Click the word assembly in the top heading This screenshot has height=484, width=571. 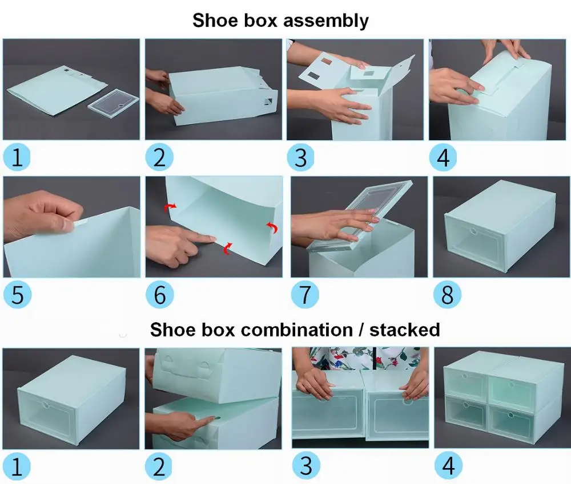pyautogui.click(x=325, y=21)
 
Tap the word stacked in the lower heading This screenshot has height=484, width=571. pyautogui.click(x=405, y=330)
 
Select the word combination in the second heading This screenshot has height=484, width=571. pyautogui.click(x=297, y=330)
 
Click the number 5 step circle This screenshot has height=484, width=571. pyautogui.click(x=17, y=295)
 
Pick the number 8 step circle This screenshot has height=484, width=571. pyautogui.click(x=447, y=295)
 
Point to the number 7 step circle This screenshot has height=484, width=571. pyautogui.click(x=305, y=295)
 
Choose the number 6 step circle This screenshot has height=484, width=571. pyautogui.click(x=159, y=295)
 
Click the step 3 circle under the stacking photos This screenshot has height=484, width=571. pyautogui.click(x=306, y=466)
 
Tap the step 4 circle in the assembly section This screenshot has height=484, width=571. pyautogui.click(x=443, y=157)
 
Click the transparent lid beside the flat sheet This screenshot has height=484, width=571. pyautogui.click(x=113, y=103)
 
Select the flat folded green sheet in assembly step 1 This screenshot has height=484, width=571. pyautogui.click(x=57, y=90)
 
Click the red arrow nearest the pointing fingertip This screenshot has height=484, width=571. pyautogui.click(x=228, y=248)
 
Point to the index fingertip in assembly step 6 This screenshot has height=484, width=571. pyautogui.click(x=212, y=238)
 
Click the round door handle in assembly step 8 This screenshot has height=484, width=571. pyautogui.click(x=473, y=230)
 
